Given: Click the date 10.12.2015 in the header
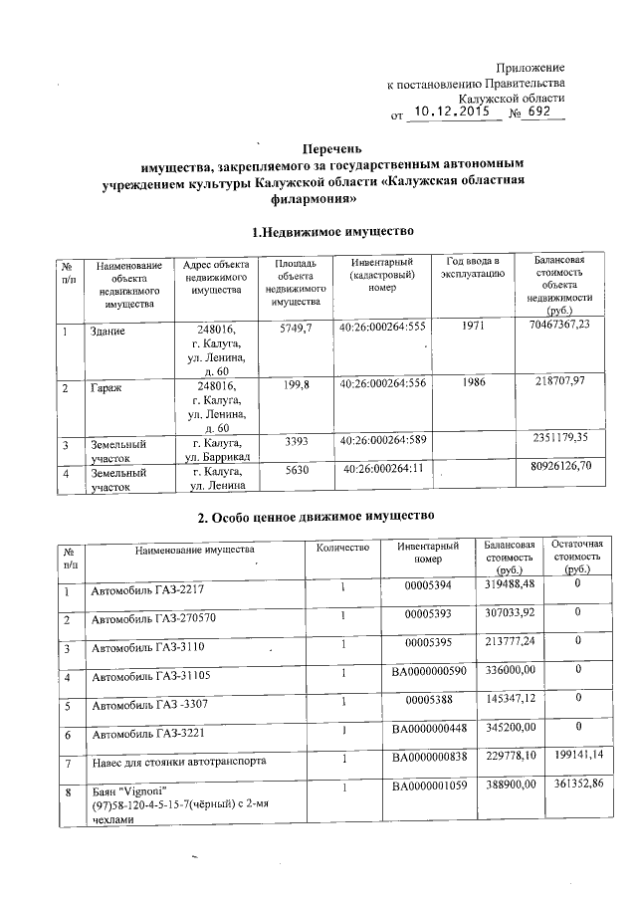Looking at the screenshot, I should [454, 113].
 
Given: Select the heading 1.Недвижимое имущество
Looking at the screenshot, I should [331, 231].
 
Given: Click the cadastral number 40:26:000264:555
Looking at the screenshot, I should [382, 327].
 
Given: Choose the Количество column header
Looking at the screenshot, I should [342, 548].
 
